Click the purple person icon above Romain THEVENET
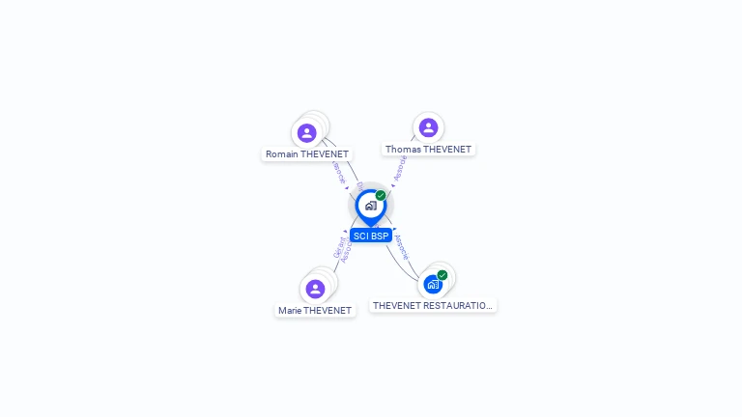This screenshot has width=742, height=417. pos(307,133)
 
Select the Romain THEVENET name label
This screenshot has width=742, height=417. pos(307,154)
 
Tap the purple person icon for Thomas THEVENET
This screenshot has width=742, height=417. pos(428,127)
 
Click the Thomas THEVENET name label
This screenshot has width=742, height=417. pos(428,150)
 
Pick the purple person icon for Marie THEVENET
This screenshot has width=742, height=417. pos(315,289)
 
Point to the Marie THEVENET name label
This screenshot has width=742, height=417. pos(315,311)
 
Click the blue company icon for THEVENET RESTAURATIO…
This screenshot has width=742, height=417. pos(432,284)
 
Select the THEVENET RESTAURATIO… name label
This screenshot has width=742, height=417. pos(433,306)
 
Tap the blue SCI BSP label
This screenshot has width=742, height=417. pos(371,236)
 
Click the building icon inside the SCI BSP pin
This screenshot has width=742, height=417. pos(370,206)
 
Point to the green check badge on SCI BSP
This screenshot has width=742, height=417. pos(381,196)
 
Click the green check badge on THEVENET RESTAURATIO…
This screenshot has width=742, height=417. pos(442,275)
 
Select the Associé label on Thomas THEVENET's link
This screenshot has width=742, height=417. pos(401,168)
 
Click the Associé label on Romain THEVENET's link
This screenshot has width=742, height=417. pos(338,171)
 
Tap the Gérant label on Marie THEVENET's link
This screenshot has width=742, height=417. pos(337,246)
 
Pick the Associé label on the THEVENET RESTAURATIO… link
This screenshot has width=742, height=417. pos(403,248)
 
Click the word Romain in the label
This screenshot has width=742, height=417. pos(282,154)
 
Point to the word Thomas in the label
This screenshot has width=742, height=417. pos(403,150)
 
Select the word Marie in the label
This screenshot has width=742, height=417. pos(290,311)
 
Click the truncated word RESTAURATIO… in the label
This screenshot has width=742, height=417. pos(459,306)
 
